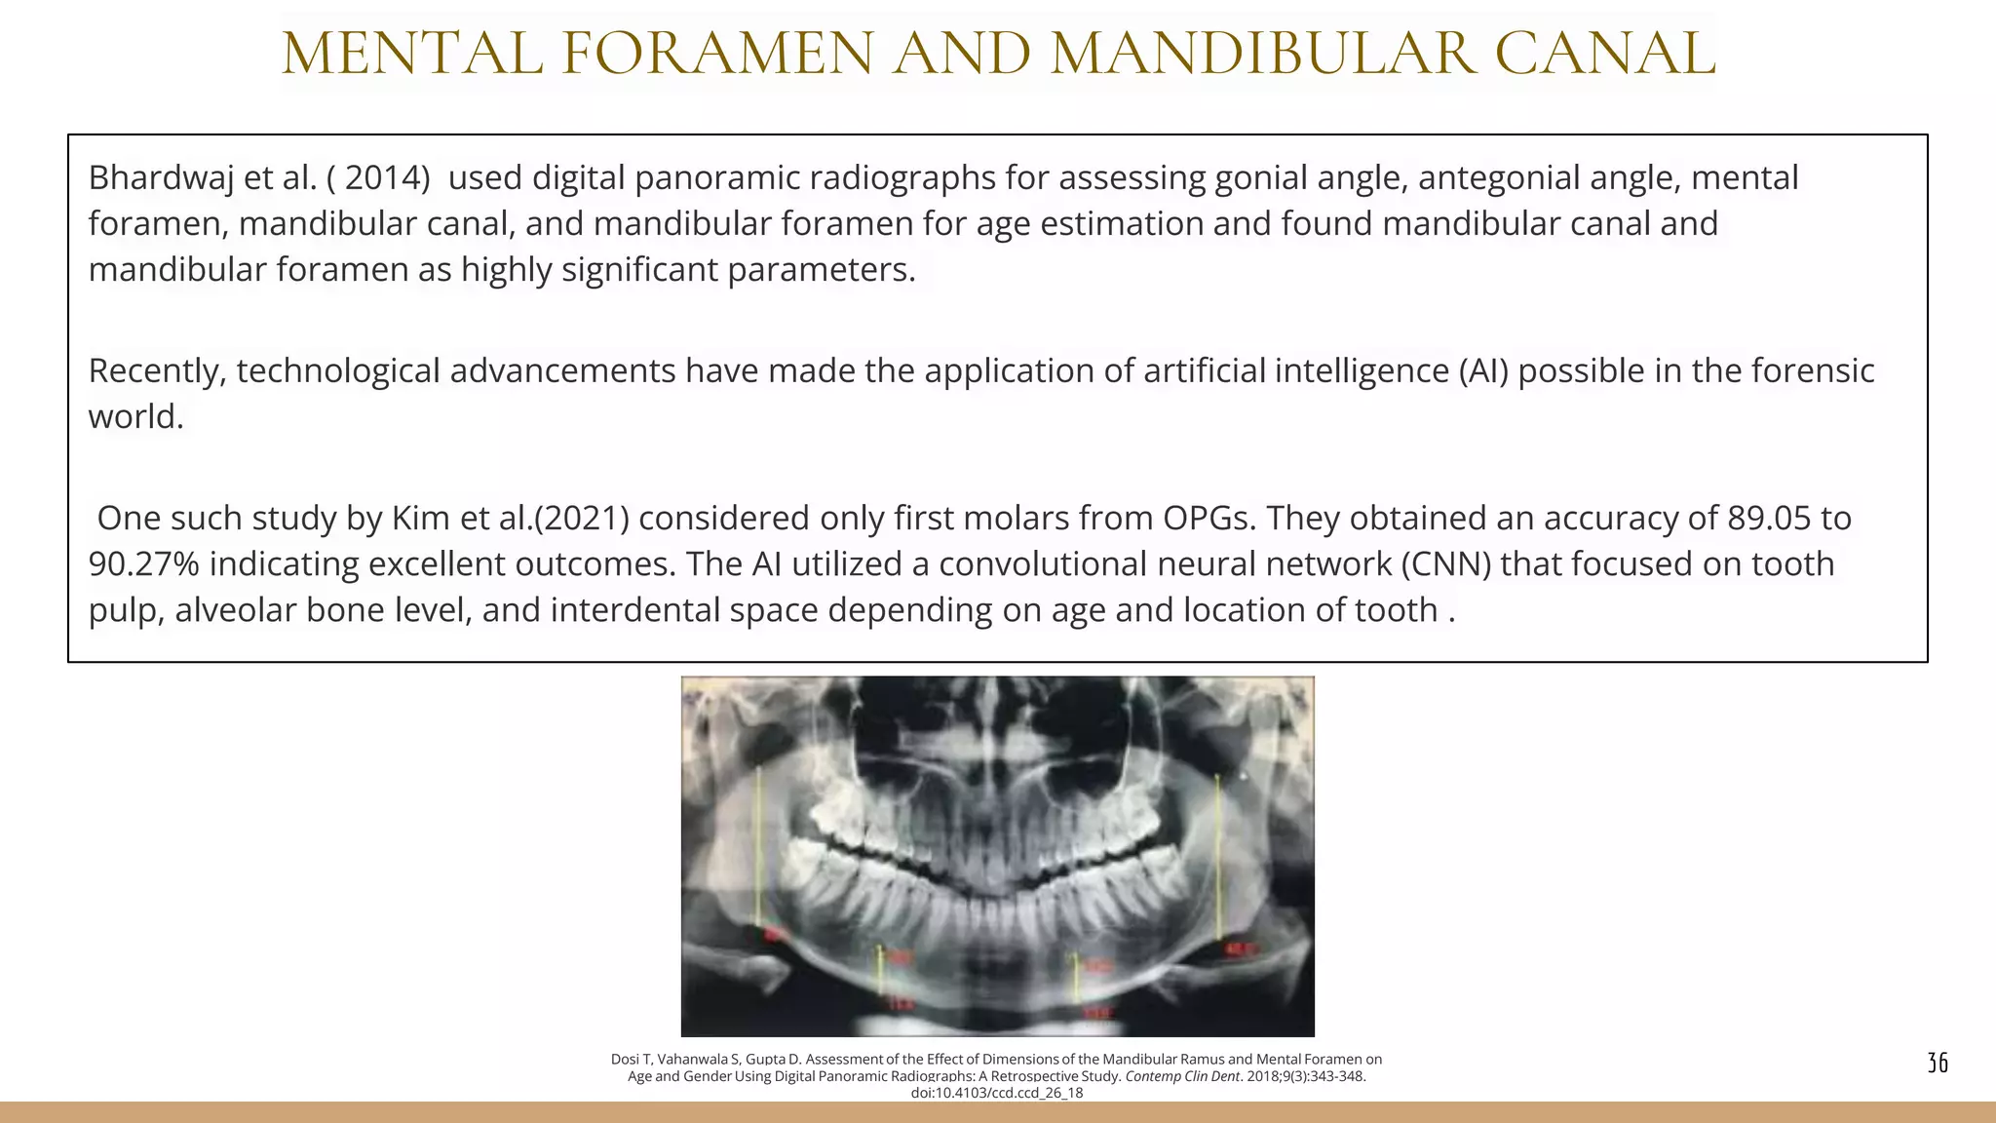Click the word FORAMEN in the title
pos(718,55)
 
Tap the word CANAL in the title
pos(1604,55)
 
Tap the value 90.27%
pos(144,564)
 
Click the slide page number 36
pos(1938,1063)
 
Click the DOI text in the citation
pos(997,1093)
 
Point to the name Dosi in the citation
pos(625,1060)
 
